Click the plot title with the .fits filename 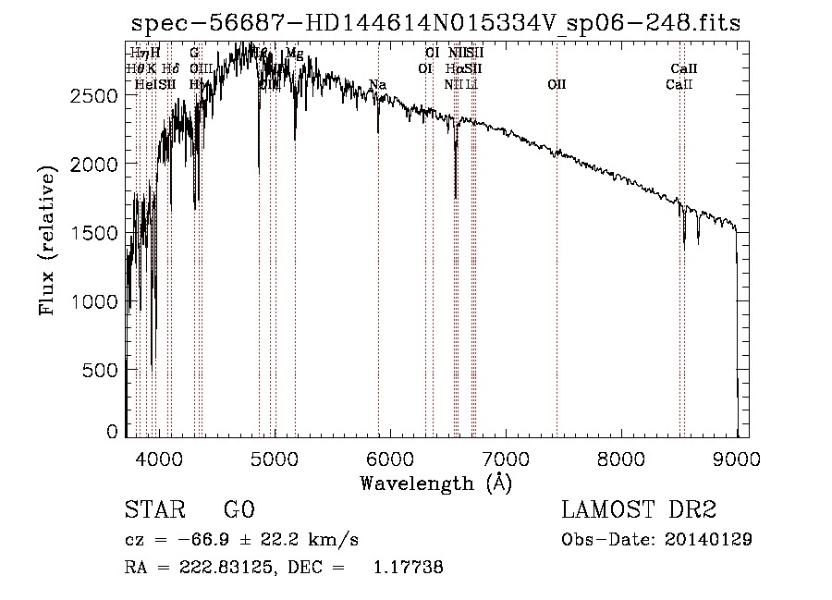point(435,23)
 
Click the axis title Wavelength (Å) point(435,483)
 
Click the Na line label point(377,85)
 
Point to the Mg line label point(294,54)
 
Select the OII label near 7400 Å point(557,85)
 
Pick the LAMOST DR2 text point(639,509)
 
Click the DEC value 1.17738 point(407,568)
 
